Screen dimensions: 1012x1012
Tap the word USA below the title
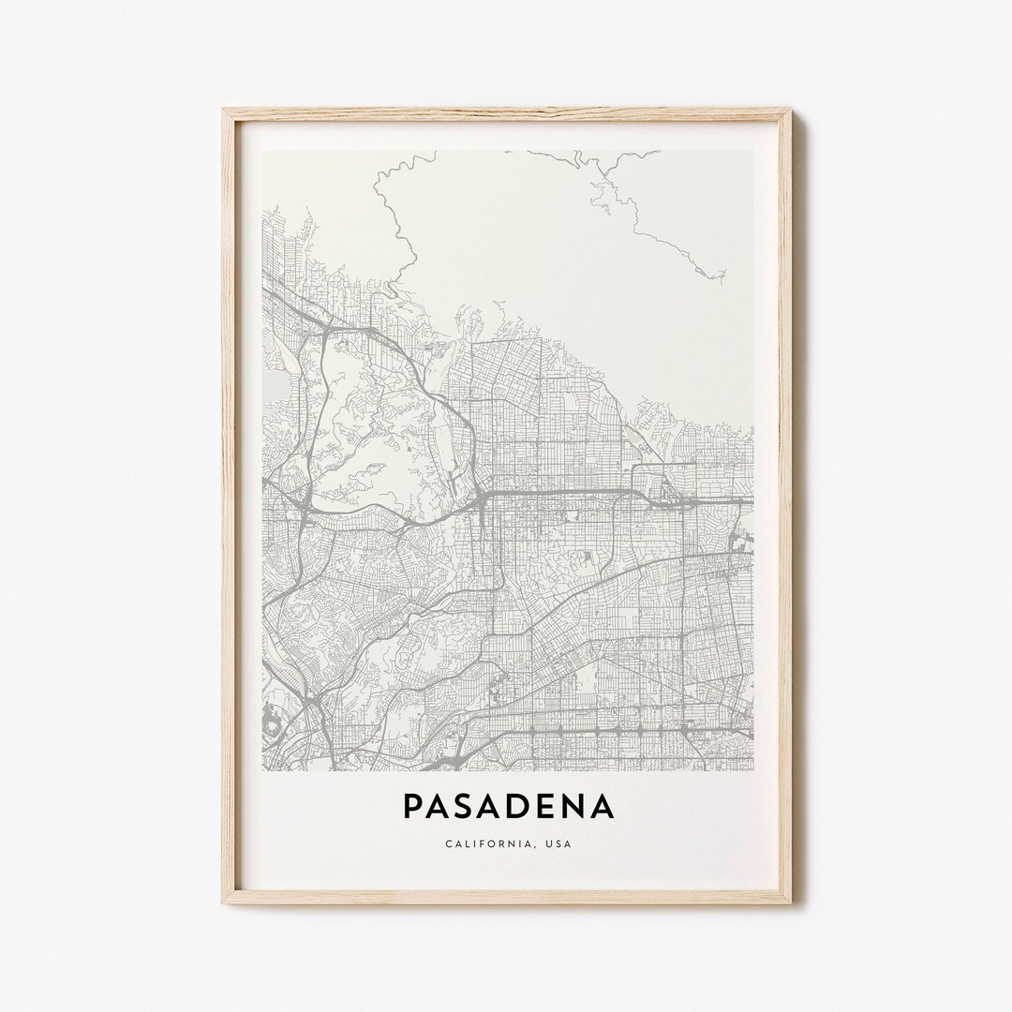[x=559, y=843]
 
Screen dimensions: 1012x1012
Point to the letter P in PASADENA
[x=412, y=806]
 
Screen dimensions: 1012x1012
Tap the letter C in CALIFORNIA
[x=449, y=843]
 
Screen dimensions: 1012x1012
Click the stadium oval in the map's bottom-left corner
[x=273, y=722]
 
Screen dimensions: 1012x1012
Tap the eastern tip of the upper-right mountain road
[x=724, y=275]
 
